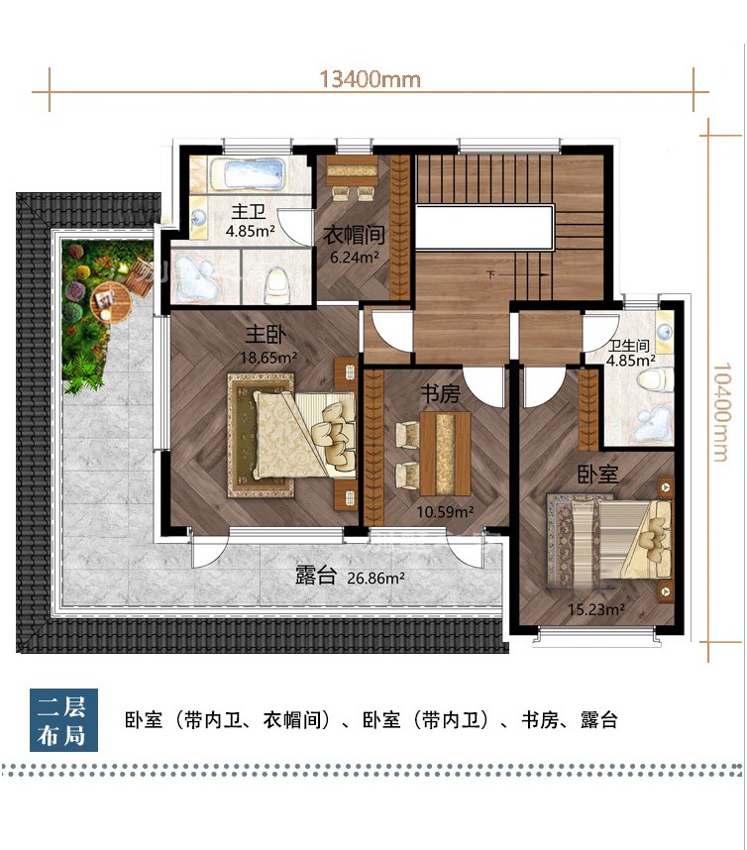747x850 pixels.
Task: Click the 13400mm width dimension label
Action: (371, 79)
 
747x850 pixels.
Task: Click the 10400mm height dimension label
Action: (720, 412)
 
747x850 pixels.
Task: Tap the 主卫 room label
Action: (249, 211)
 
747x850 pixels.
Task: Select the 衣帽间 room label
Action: (354, 235)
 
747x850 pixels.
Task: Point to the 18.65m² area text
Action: (268, 358)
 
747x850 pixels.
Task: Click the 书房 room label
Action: (440, 394)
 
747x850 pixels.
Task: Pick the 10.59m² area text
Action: (445, 511)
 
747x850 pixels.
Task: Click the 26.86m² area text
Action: (375, 578)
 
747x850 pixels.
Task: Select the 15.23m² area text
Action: (596, 609)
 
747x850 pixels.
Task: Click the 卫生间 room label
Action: (628, 346)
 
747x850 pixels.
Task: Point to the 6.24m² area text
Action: (355, 257)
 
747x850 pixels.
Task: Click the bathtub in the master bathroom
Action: (248, 173)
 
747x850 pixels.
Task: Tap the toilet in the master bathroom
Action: (277, 284)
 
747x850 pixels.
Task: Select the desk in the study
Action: (445, 453)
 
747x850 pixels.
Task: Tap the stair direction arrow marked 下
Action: (519, 274)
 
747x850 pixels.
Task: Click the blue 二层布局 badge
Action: (64, 720)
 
